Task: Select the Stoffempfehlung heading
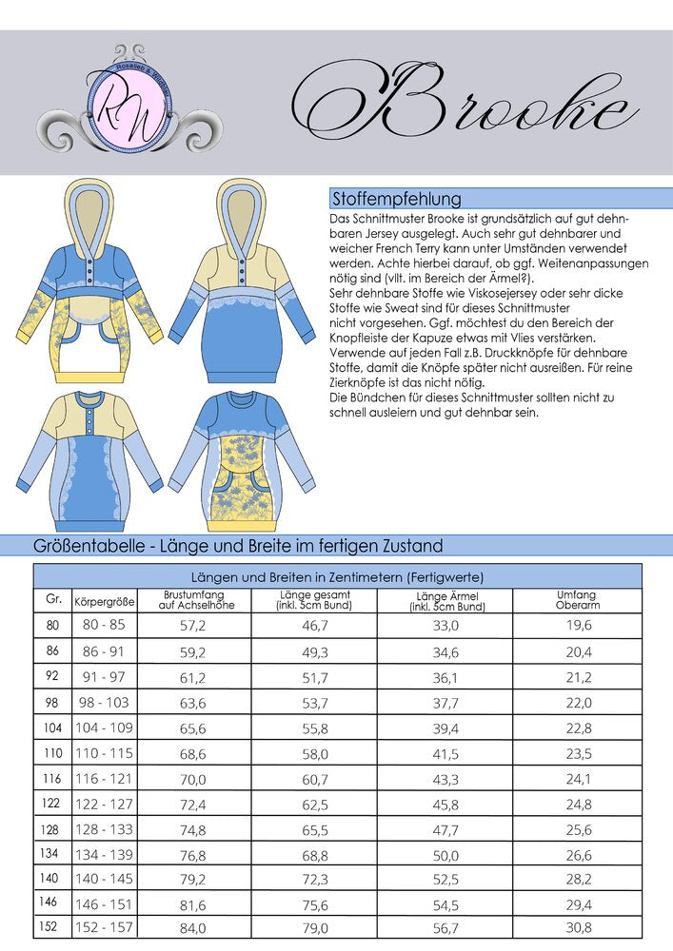click(x=396, y=199)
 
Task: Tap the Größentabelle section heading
click(x=238, y=546)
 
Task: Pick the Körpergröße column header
click(x=104, y=602)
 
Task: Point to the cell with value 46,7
click(x=313, y=625)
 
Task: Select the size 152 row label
click(x=52, y=925)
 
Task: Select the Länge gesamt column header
click(x=313, y=600)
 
